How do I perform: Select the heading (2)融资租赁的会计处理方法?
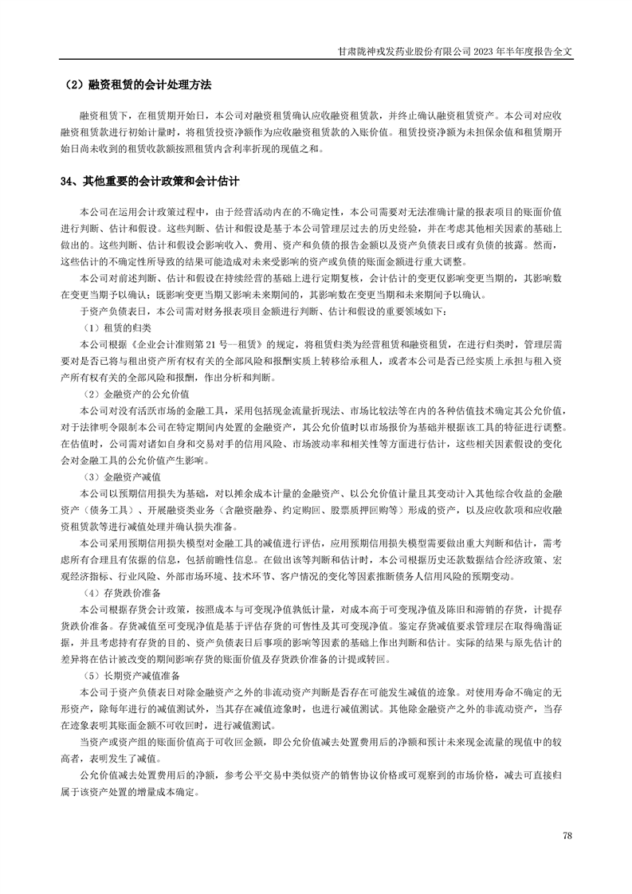143,84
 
